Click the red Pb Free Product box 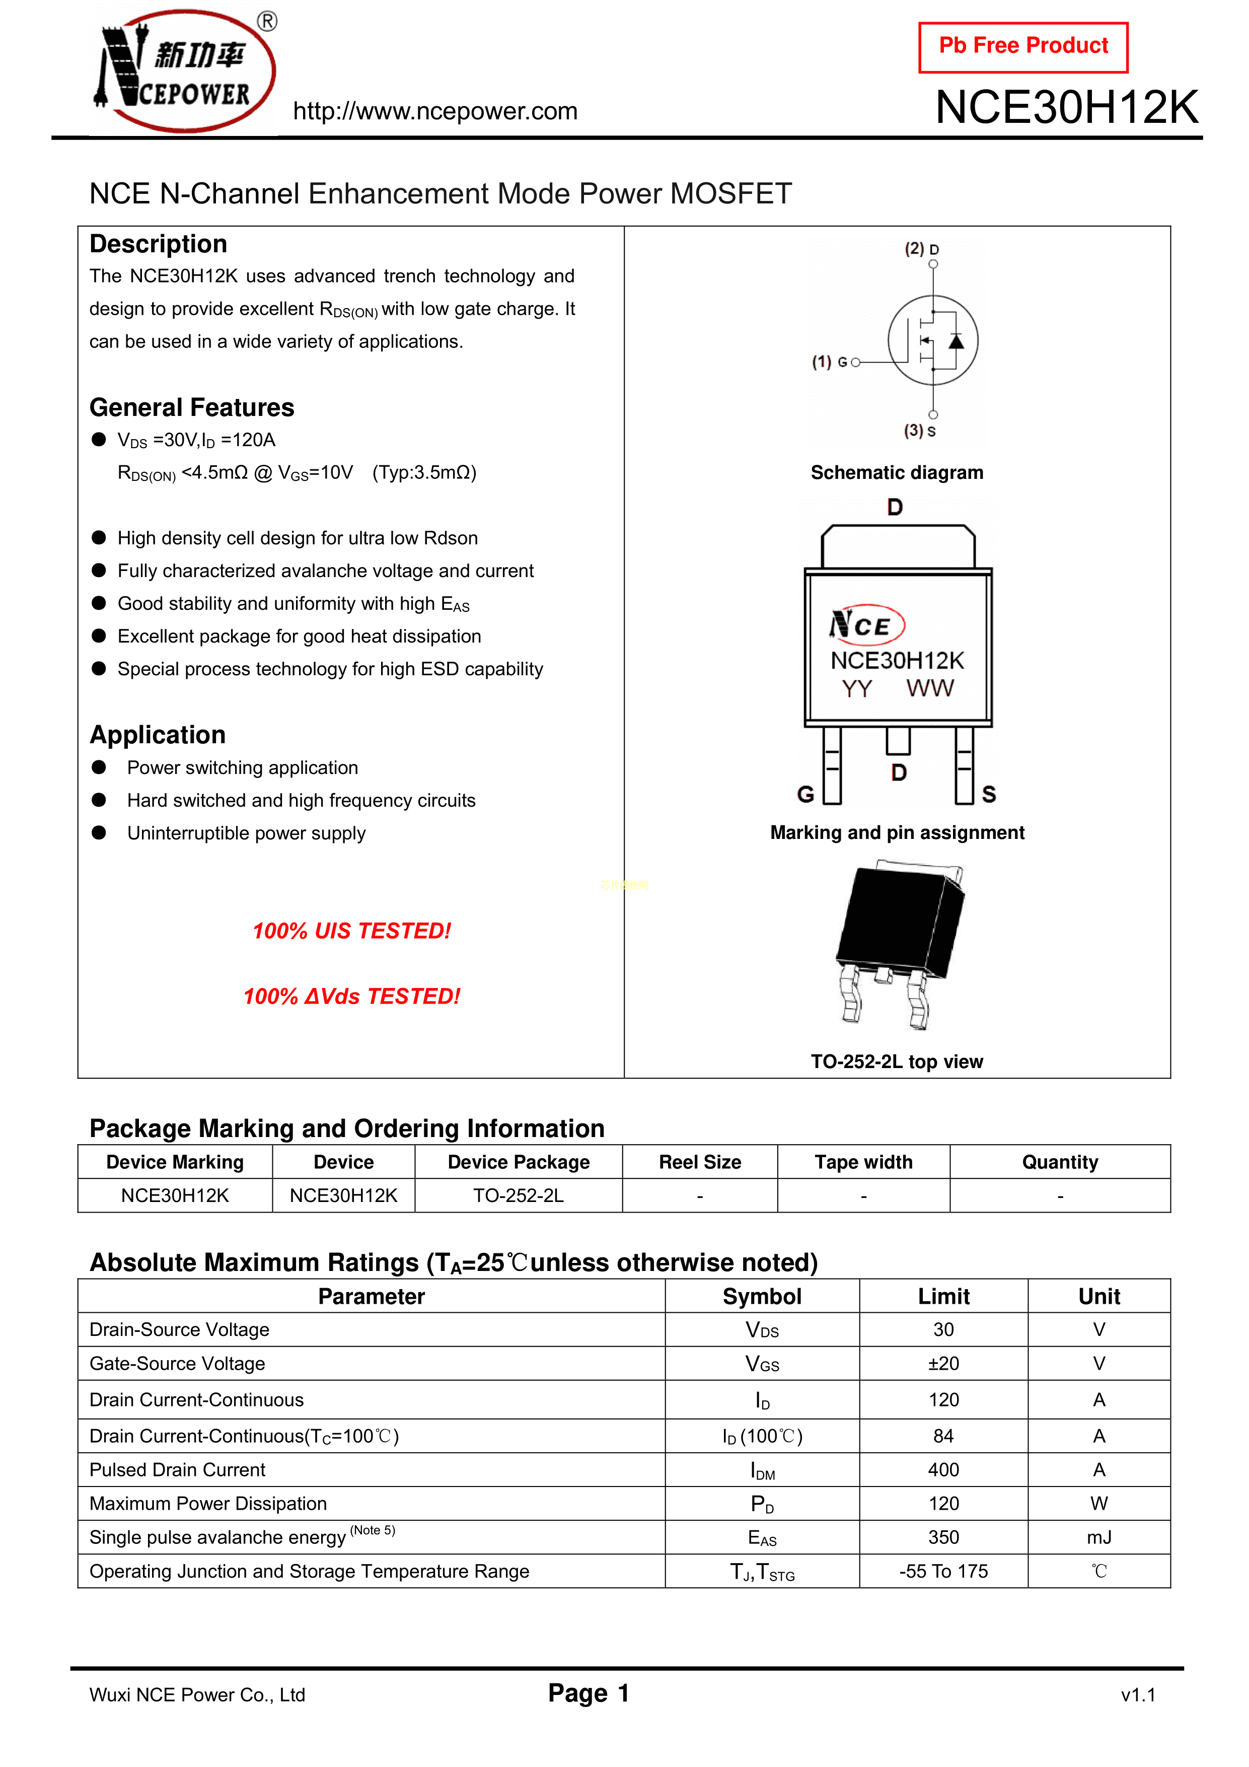pos(1023,47)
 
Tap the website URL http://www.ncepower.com pos(435,112)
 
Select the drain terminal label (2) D pos(921,249)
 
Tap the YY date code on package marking pos(856,688)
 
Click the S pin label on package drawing pos(989,794)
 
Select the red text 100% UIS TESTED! pos(352,931)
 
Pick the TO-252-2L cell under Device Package pos(518,1196)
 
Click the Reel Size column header pos(700,1162)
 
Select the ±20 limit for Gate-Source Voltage pos(943,1364)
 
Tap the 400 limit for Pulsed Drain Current pos(943,1470)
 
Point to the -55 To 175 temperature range pos(943,1572)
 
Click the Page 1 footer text pos(589,1693)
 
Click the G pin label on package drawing pos(805,794)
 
